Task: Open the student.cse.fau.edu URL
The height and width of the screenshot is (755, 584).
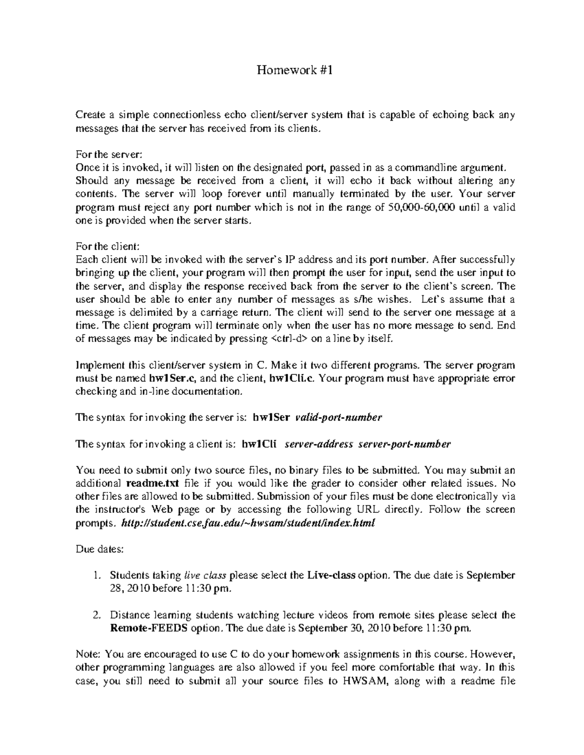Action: (247, 523)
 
